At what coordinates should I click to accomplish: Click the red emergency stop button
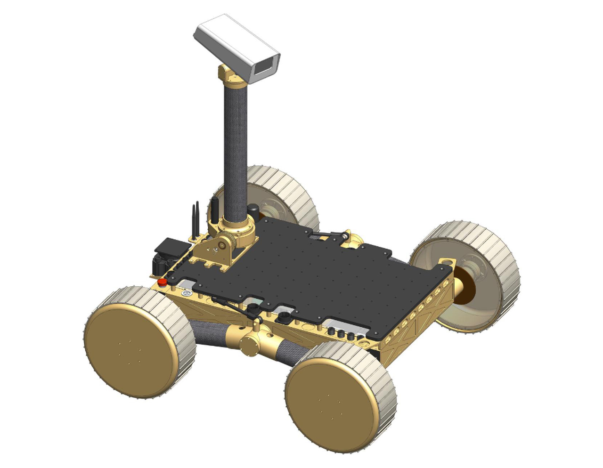click(162, 282)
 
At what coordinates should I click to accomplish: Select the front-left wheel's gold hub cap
click(131, 350)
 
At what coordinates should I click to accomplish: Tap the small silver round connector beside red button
click(187, 294)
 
